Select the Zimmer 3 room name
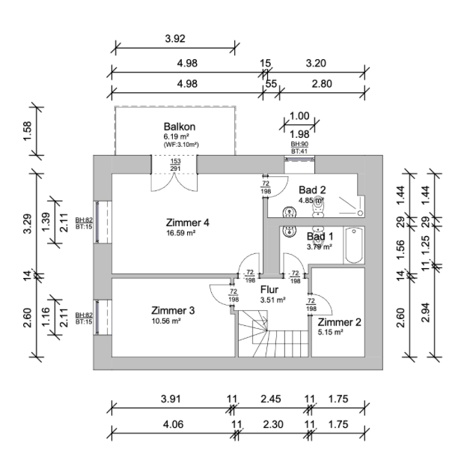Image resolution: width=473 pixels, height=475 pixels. pos(173,310)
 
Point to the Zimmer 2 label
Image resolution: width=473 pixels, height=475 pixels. pos(340,322)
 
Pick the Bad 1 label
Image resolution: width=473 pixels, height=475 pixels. pos(320,237)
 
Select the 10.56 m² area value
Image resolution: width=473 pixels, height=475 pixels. pos(166,321)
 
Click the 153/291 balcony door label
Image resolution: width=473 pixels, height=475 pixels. pos(175,165)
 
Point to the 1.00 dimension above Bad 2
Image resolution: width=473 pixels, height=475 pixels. pos(299,115)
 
